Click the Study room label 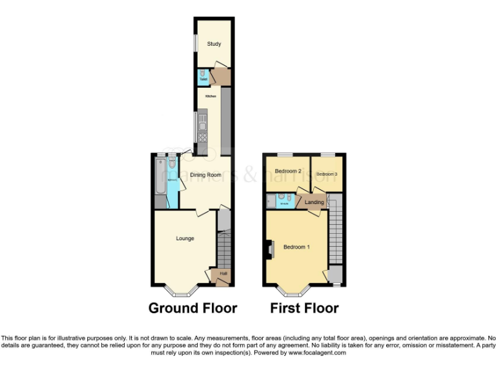[x=214, y=44]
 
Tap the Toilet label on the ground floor [x=203, y=80]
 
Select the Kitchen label [x=211, y=96]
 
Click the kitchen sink [x=203, y=118]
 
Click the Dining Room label [x=205, y=175]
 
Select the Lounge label [x=185, y=239]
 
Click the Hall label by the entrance [x=223, y=274]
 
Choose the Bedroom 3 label [x=327, y=174]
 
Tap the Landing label [x=315, y=202]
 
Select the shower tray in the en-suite [x=271, y=201]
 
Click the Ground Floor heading [x=192, y=308]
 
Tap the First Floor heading [x=304, y=308]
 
